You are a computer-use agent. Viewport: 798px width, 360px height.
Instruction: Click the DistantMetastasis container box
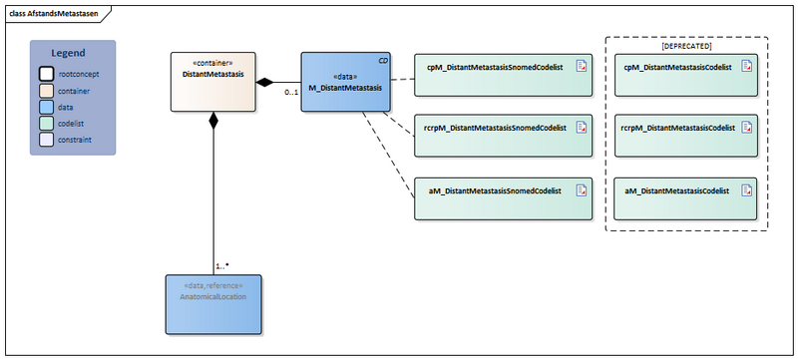211,82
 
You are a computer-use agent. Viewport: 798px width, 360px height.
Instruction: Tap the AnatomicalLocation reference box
213,303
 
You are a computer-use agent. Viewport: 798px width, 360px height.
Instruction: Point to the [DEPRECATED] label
686,47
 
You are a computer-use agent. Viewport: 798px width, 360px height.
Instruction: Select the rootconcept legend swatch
46,73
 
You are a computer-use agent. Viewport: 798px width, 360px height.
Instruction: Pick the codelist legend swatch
46,123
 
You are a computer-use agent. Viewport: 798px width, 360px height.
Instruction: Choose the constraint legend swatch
46,140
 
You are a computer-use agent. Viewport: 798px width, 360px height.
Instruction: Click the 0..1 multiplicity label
291,93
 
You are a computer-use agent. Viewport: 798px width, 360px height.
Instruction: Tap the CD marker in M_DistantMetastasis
383,61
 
